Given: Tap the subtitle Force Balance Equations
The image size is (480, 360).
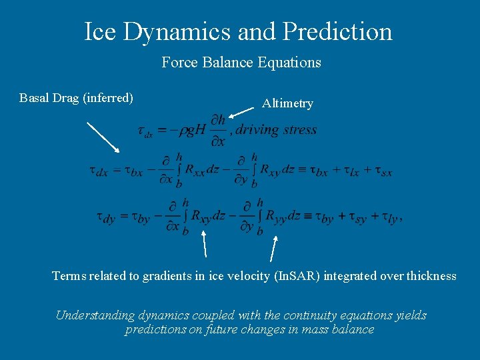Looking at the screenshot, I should coord(241,63).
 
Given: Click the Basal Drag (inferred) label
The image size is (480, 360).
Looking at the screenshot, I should coord(76,98).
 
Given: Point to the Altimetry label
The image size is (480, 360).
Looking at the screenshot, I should coord(287,103).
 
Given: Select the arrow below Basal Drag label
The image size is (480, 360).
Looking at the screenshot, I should coord(103,137).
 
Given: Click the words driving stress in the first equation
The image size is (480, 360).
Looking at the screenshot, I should coord(276,129).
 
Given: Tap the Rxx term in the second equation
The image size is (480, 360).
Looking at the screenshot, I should coord(197,171).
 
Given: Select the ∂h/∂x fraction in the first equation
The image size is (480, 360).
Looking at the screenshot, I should coord(217,130).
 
